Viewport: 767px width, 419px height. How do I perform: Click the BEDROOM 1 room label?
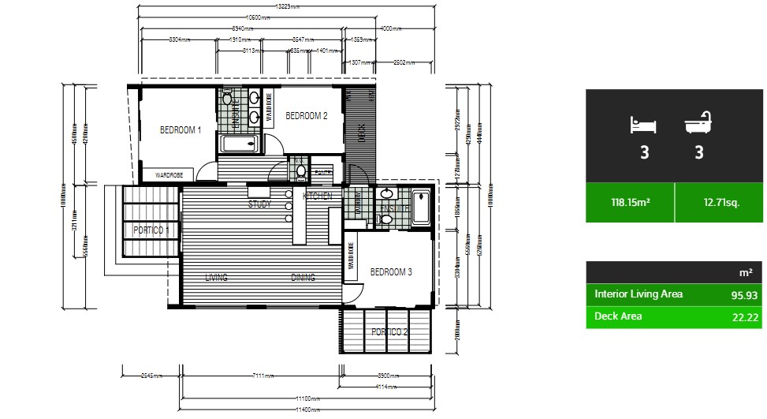point(181,130)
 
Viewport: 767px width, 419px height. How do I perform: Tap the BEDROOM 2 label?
point(306,116)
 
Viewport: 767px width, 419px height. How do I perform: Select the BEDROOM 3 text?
point(391,272)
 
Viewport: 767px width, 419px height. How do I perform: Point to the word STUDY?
point(259,204)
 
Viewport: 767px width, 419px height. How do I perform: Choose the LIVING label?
point(216,278)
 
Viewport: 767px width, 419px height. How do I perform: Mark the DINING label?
point(303,278)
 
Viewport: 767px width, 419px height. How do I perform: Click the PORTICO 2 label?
point(390,331)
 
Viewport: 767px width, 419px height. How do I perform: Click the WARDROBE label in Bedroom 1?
point(169,175)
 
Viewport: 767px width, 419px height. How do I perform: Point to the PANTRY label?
point(323,171)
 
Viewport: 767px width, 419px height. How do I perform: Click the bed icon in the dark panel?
point(644,125)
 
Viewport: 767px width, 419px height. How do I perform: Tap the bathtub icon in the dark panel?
point(698,124)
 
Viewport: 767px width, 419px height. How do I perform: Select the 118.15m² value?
point(630,203)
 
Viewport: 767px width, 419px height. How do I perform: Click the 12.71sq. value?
point(721,203)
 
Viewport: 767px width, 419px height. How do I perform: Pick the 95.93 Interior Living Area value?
point(736,295)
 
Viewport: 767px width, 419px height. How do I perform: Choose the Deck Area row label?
point(618,316)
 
